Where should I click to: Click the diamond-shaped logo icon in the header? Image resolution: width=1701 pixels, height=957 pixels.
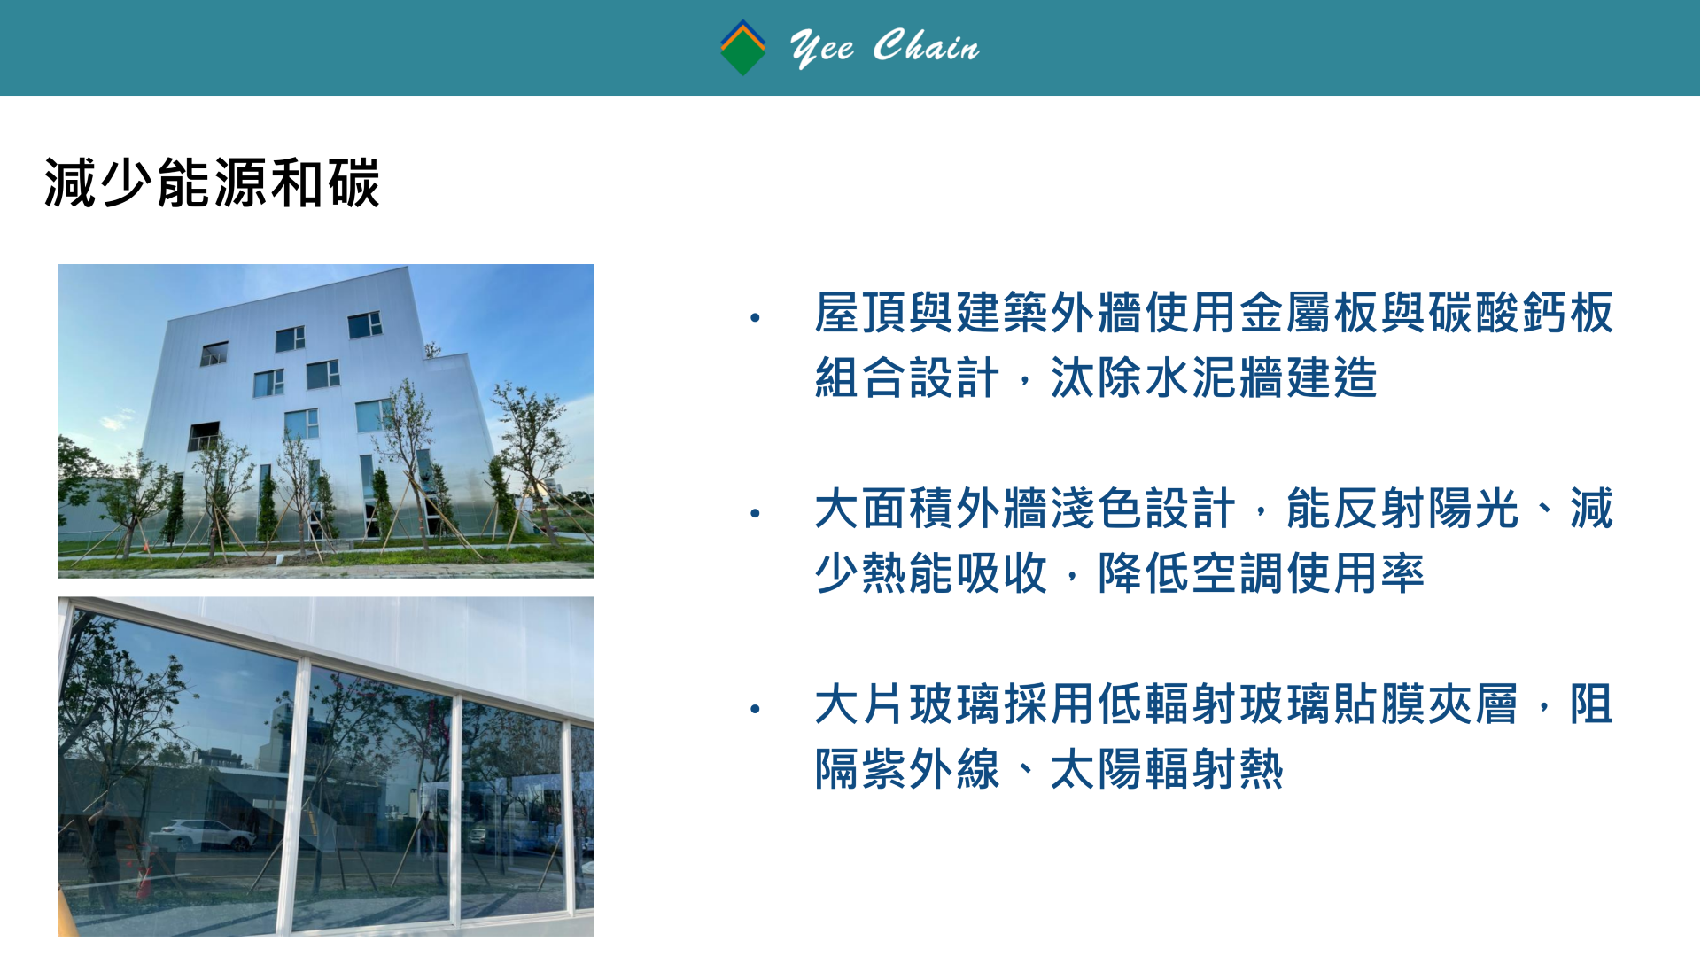point(742,48)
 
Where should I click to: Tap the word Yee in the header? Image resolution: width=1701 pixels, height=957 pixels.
point(822,48)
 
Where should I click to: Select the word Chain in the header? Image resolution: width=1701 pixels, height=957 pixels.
point(927,46)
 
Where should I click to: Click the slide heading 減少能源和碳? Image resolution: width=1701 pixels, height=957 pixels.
point(212,183)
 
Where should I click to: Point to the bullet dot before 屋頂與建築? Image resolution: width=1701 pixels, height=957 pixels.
point(755,317)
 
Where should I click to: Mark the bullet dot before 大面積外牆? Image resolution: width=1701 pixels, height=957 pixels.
point(755,513)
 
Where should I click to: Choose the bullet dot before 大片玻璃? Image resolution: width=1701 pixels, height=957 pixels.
point(755,709)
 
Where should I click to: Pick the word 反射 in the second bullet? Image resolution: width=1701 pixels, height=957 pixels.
point(1379,509)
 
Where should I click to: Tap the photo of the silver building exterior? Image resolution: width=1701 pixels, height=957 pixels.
point(326,421)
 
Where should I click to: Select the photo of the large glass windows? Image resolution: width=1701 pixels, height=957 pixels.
point(326,766)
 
